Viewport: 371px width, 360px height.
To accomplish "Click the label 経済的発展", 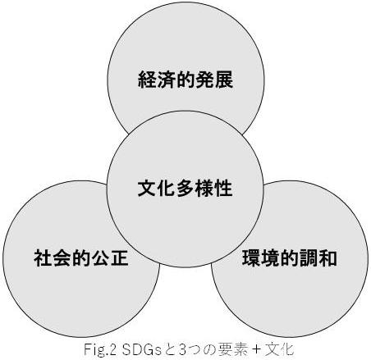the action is pos(185,80).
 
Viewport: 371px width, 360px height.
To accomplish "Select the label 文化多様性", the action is pos(185,189).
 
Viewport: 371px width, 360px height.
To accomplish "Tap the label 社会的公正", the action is pos(81,257).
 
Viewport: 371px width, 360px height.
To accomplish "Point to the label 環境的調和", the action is pos(289,257).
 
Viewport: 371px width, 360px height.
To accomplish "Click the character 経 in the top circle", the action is pos(147,80).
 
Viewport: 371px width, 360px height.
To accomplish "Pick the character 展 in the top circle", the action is pos(224,80).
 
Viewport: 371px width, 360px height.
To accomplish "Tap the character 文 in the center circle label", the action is pos(147,189).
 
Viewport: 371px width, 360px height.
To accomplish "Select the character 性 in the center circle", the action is pos(223,189).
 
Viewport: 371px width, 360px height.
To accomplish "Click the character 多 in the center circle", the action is pos(185,189).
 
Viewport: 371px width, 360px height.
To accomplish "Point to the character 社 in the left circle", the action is pos(43,257).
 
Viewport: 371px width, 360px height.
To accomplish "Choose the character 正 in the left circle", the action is pos(120,257).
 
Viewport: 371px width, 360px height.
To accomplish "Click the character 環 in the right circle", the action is pos(251,257).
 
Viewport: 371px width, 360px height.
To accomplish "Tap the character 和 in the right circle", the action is pos(327,257).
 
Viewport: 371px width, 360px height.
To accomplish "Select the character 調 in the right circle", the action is pos(309,257).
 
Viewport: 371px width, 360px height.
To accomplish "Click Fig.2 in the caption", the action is pos(101,350).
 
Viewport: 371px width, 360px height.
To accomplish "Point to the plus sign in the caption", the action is pos(256,350).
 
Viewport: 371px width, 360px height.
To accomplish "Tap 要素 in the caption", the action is pos(232,349).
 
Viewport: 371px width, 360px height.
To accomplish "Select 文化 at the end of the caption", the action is pos(279,349).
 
